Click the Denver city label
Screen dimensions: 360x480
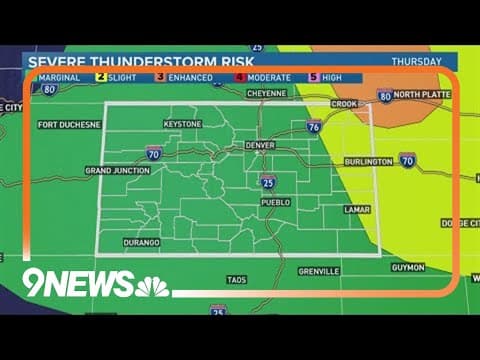point(259,146)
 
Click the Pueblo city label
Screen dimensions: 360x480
point(275,202)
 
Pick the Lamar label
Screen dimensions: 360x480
point(357,210)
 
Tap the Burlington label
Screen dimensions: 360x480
point(367,160)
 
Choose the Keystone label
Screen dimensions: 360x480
point(182,124)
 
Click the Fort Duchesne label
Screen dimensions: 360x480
point(68,125)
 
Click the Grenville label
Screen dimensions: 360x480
point(319,271)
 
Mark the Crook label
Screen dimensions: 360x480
point(344,103)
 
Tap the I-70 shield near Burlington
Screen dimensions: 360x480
point(407,160)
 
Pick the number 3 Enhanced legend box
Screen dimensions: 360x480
point(161,77)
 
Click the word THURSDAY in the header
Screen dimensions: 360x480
point(417,61)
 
